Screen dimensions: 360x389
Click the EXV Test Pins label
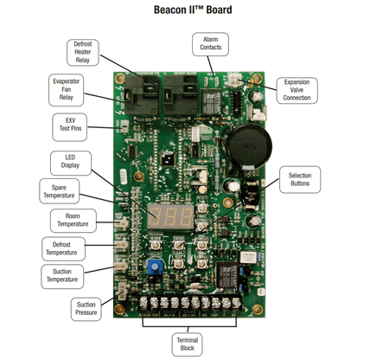click(67, 124)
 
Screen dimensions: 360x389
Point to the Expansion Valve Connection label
click(297, 88)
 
